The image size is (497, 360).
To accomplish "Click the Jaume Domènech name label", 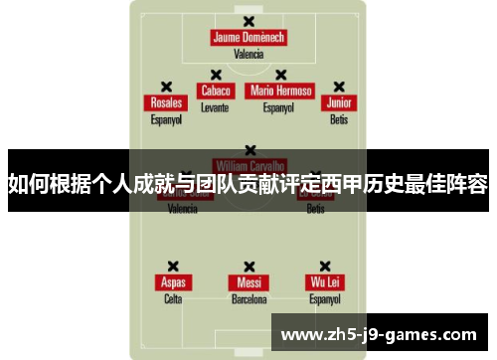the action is (248, 38).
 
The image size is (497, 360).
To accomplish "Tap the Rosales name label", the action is (166, 103).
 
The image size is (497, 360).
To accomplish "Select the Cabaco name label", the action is (216, 90).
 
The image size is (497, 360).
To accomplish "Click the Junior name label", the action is (340, 103).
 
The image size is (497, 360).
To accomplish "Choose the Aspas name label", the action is (173, 282).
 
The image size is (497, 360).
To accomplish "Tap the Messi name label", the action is (248, 282).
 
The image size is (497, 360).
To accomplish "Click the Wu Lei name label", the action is (325, 282).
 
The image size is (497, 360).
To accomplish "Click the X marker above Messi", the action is (248, 266).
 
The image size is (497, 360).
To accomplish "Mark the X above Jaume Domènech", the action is (248, 21).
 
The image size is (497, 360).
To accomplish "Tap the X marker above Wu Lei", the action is (325, 266).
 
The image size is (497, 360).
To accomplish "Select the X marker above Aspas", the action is (173, 266).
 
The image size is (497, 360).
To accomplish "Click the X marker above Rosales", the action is (166, 87).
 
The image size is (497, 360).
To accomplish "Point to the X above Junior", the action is (340, 87).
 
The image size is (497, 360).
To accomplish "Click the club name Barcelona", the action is (248, 298).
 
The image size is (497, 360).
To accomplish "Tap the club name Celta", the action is (173, 298).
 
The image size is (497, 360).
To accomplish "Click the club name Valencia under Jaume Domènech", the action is (248, 54).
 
